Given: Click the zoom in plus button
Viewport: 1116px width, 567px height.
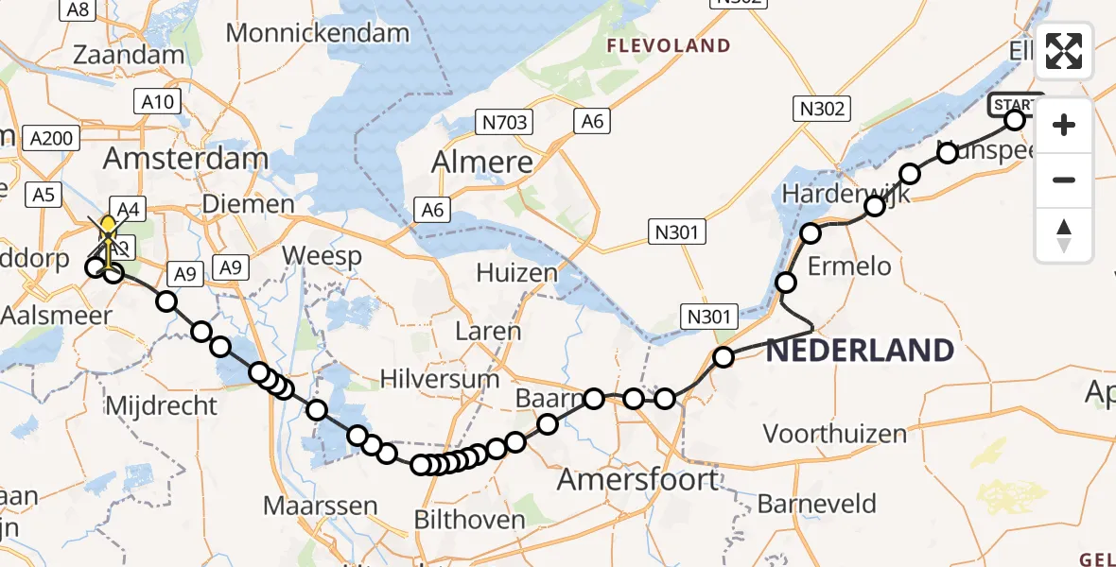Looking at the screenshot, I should [1064, 125].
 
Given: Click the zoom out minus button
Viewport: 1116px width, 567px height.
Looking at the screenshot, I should [1064, 180].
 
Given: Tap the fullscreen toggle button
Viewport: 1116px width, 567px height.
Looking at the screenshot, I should [1064, 51].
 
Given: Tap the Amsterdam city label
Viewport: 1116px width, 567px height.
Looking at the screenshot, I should [185, 158].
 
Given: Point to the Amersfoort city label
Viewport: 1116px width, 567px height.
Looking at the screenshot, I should [637, 479].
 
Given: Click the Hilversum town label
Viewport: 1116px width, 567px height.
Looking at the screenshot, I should [439, 380].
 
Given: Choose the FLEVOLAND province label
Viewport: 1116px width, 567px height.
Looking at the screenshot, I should [669, 45].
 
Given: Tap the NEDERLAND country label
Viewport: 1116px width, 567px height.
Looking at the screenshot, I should [859, 351].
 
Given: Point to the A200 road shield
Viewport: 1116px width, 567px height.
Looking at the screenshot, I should [51, 138].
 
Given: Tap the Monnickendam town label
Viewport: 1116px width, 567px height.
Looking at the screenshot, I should [318, 33].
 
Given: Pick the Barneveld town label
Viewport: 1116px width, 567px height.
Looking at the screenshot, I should [816, 504].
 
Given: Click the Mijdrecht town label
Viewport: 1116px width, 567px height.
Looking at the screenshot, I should [163, 406].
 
